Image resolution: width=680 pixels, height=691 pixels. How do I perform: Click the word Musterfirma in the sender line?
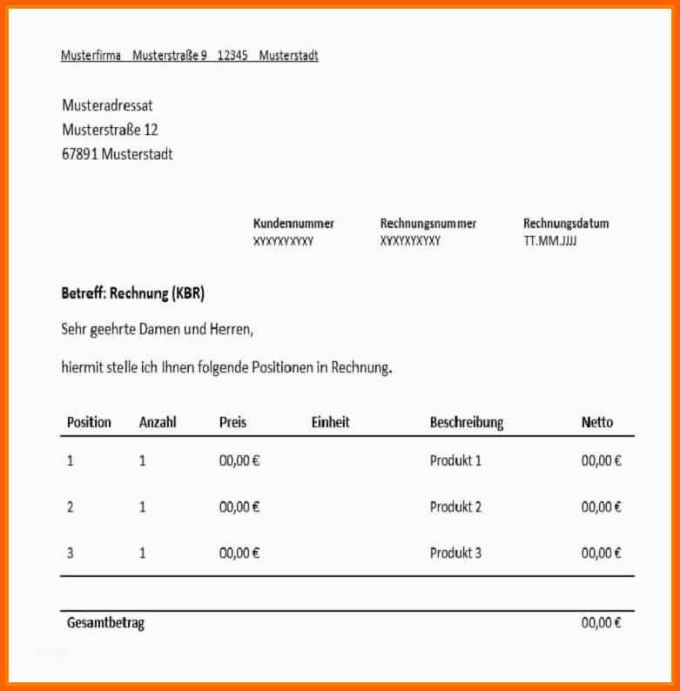91,56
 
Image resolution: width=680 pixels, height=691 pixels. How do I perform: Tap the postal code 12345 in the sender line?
232,56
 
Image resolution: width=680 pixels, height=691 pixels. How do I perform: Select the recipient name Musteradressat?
107,105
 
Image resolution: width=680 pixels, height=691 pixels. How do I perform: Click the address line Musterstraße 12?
110,130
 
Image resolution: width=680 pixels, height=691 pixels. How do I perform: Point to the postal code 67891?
80,154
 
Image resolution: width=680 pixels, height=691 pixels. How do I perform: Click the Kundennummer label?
293,224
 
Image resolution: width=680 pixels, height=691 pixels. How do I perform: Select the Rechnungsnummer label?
428,224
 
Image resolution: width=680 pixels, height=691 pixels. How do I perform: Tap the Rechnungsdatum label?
566,224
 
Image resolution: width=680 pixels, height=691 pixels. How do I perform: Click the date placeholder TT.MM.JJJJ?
550,241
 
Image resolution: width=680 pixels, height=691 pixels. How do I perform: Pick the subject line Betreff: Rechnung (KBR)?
132,294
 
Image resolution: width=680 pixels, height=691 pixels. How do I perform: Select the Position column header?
89,422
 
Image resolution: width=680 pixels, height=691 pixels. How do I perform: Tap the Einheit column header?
330,422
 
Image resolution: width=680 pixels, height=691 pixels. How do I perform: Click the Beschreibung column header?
467,423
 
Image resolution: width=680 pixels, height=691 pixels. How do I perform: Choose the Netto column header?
597,422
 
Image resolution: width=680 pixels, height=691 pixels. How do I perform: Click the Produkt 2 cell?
455,507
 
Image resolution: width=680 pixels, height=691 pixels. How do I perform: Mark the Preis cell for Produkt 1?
239,461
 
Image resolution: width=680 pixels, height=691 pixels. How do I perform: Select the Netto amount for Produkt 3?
602,553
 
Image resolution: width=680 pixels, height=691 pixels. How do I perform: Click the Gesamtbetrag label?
105,623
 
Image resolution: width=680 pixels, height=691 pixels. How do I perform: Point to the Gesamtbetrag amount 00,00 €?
602,623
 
